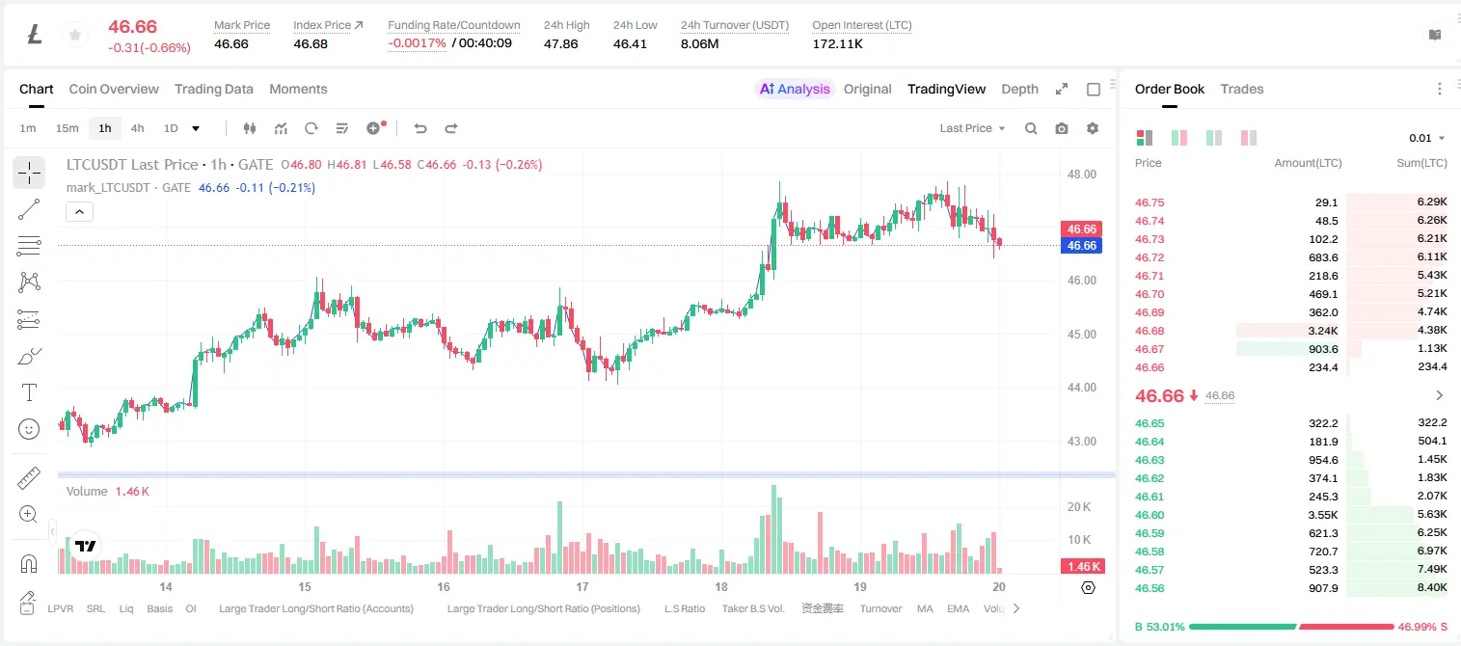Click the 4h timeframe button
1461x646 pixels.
[137, 128]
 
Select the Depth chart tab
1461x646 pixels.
[1019, 89]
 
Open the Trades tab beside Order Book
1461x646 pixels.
[1242, 89]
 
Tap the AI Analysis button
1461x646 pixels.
[795, 89]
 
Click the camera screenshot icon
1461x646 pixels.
[1062, 128]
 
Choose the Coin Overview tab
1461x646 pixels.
[114, 89]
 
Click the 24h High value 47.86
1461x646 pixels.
[561, 43]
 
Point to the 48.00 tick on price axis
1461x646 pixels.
[1082, 175]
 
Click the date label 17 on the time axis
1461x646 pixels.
[582, 586]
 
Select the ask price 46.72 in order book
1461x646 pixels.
[1150, 257]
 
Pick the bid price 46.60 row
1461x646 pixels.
[1150, 515]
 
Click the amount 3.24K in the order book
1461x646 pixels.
[1323, 331]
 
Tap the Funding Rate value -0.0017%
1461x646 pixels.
[417, 43]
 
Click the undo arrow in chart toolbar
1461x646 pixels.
[420, 128]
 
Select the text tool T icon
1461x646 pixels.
[29, 392]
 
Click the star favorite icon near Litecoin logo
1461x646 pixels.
[75, 35]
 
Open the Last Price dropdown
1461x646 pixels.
[972, 128]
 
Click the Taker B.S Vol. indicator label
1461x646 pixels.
[752, 608]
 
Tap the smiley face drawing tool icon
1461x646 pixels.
[29, 429]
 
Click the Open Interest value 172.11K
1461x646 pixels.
[837, 43]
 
